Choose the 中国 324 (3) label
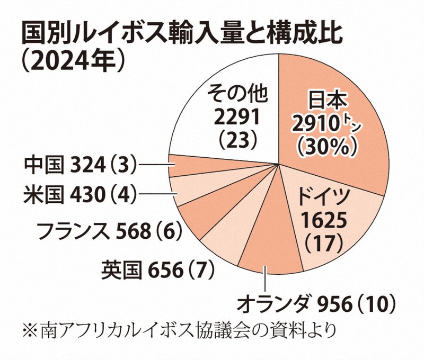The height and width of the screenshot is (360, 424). point(79,165)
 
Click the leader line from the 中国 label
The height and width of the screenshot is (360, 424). point(156,166)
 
